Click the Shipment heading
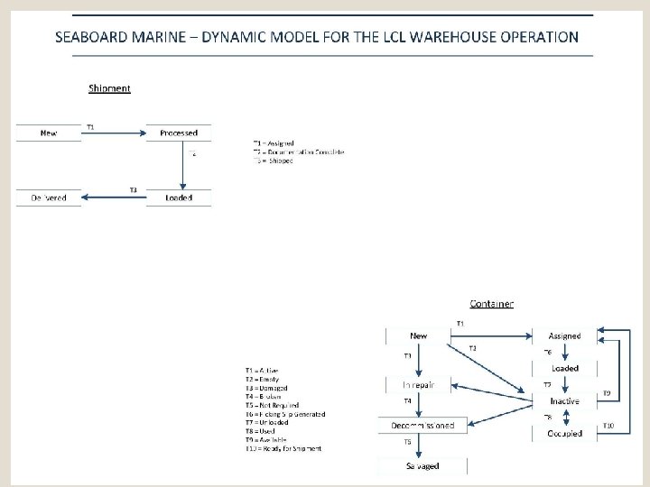click(109, 87)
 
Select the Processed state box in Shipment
click(178, 133)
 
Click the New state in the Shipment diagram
click(49, 133)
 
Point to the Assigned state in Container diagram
click(564, 335)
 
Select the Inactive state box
click(564, 400)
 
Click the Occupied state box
click(564, 433)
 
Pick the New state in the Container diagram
click(418, 335)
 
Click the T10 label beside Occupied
click(608, 425)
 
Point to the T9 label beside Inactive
click(607, 393)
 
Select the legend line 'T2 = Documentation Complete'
click(299, 152)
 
